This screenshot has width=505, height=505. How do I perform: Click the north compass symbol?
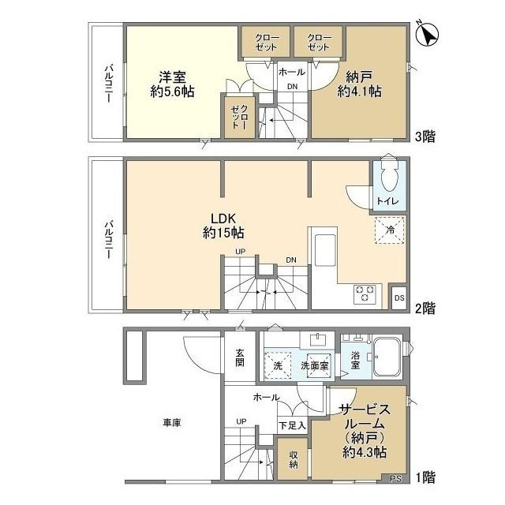point(427,34)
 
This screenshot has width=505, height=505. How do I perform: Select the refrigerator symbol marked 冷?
point(389,230)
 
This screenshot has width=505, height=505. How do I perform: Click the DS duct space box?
point(399,297)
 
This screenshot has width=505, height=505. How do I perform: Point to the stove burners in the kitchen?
point(365,294)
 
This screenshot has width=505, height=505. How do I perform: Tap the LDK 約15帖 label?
point(223,226)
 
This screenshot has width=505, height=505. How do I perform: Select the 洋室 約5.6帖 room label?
point(172,84)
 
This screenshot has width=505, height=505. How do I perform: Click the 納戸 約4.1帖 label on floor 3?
point(359,84)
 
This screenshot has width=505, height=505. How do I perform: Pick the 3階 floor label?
point(425,137)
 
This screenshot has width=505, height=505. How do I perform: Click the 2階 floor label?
point(425,309)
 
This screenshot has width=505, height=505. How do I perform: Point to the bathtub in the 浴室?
point(387,357)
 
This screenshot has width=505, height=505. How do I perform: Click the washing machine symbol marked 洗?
point(278,365)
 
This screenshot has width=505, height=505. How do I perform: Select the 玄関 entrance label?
point(240,357)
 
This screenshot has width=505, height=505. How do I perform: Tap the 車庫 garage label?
point(172,423)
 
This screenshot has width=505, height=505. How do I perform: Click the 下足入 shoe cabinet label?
point(292,425)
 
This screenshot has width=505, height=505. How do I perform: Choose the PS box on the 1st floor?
point(395,479)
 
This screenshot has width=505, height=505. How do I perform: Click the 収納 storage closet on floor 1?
point(293,459)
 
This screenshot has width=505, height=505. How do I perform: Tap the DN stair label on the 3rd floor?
point(292,87)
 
